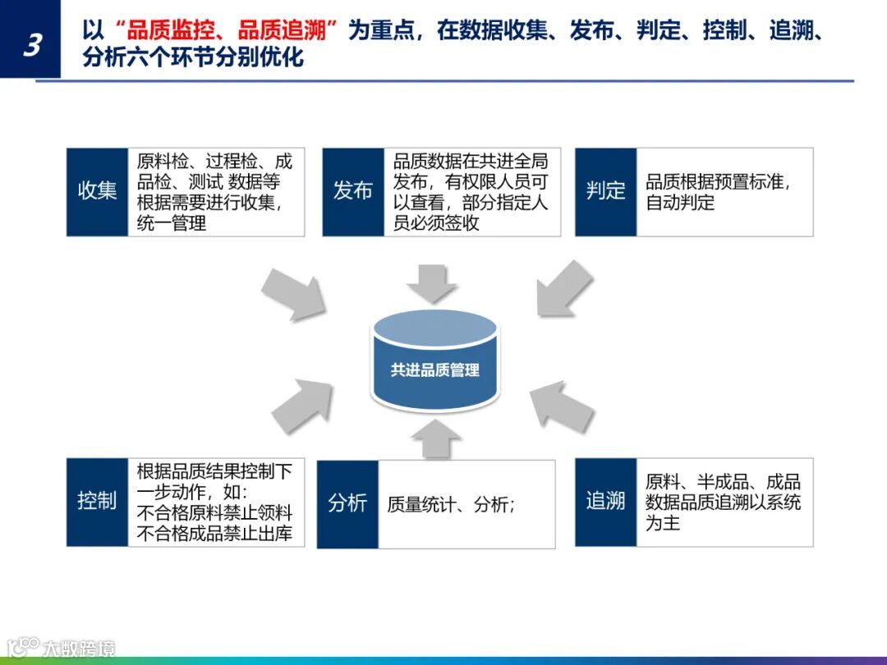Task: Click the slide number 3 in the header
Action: (31, 44)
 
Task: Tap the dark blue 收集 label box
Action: (97, 191)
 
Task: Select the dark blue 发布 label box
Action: (353, 191)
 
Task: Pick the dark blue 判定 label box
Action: (605, 191)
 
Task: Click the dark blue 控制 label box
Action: (97, 502)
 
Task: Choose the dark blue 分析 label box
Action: (347, 503)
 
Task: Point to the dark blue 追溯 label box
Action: (605, 502)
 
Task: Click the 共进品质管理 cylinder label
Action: (434, 370)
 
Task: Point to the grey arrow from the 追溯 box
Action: (563, 406)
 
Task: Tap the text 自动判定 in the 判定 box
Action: (680, 203)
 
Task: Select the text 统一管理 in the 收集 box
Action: (172, 223)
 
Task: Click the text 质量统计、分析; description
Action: (451, 504)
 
